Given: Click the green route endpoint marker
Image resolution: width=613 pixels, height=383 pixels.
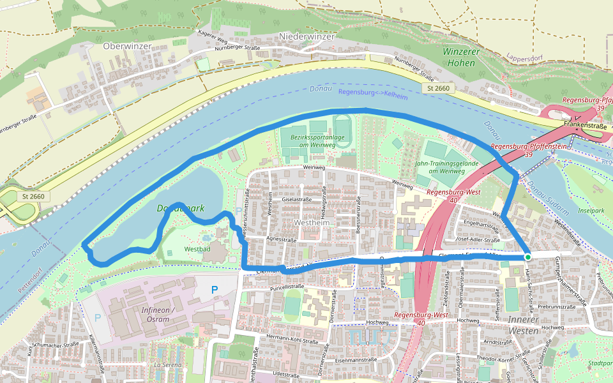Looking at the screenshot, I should [527, 257].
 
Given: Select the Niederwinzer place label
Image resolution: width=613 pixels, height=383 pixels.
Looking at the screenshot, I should [306, 37].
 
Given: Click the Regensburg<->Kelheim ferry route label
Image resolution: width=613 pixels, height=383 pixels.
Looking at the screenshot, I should [372, 93].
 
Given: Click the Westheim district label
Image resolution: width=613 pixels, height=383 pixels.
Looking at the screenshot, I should [311, 222].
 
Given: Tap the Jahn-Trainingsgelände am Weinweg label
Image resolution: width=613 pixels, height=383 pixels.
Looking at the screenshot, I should [452, 167].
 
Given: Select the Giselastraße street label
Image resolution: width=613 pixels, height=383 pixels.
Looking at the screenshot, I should [296, 199].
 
